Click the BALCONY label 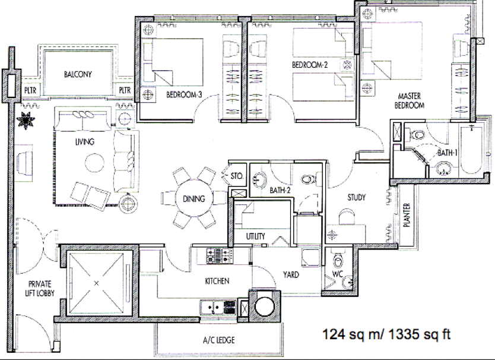(x=78, y=74)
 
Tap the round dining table (x=194, y=198)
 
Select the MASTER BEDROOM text (x=409, y=100)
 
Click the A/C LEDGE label (x=219, y=340)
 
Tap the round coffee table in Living (x=94, y=163)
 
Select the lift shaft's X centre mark (x=97, y=283)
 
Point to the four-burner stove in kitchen (x=219, y=255)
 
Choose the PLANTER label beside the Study (x=407, y=215)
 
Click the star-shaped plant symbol (x=26, y=120)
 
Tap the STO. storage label (x=237, y=176)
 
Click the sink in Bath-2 (x=259, y=179)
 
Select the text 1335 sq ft (x=419, y=334)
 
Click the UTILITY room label (x=255, y=236)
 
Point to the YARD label (x=291, y=274)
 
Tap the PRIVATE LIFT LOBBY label (x=40, y=288)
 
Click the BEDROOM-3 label (x=184, y=94)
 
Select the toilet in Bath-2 (x=308, y=179)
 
